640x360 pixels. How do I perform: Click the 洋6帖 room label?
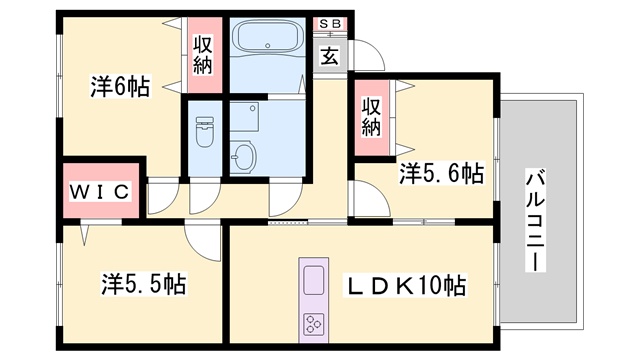(120, 86)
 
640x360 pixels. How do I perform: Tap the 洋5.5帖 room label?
(143, 284)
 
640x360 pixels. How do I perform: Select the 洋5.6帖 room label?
(442, 173)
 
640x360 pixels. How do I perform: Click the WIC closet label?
(100, 191)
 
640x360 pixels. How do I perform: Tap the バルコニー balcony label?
(535, 221)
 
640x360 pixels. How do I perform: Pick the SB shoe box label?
(330, 24)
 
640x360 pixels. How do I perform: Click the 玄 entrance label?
(329, 56)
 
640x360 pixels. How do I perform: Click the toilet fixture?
(204, 131)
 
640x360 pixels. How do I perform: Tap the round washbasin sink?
(243, 156)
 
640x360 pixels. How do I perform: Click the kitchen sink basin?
(314, 280)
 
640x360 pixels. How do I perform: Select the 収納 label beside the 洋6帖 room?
(203, 55)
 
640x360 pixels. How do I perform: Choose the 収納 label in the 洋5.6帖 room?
(371, 117)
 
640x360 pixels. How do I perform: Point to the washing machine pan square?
(244, 117)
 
